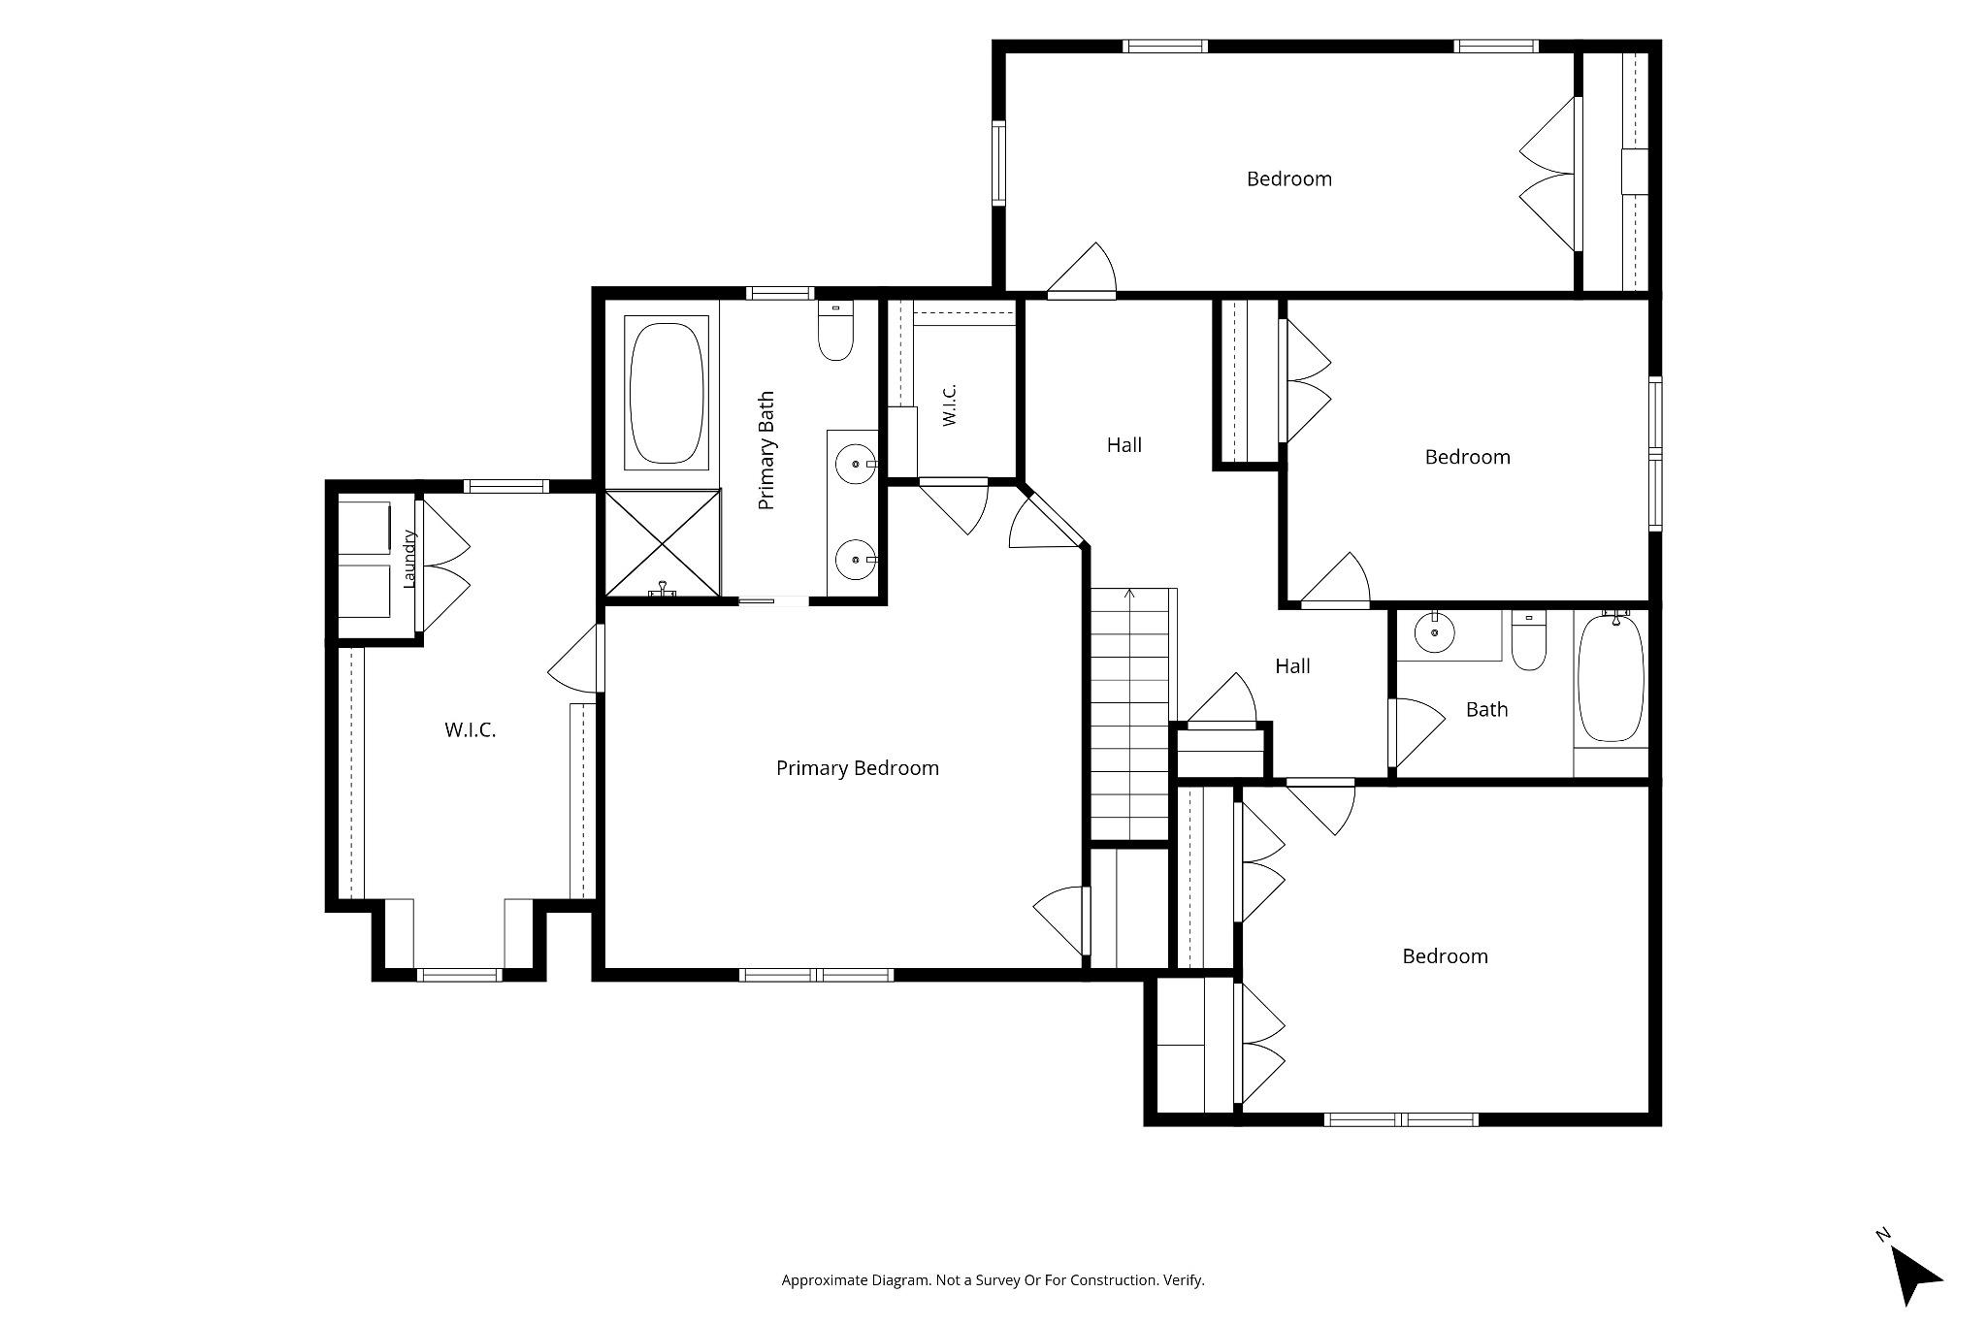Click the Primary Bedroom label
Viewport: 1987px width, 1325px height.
coord(858,768)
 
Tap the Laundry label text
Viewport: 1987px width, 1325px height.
coord(409,559)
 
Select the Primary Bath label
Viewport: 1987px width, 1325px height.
coord(766,451)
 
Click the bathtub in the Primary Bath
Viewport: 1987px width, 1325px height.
coord(666,391)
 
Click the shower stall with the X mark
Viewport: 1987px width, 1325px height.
coord(664,543)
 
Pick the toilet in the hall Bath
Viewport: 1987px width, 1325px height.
coord(1529,641)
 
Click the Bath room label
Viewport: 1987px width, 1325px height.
coord(1486,710)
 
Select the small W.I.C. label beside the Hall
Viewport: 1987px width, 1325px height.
coord(950,404)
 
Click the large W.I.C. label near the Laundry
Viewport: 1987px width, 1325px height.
coord(471,730)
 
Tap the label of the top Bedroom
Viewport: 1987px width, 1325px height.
coord(1289,179)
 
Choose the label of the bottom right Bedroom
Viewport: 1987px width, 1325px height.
coord(1446,956)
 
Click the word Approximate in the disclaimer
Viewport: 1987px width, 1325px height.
coord(824,1280)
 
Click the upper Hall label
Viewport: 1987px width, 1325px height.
coord(1124,445)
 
